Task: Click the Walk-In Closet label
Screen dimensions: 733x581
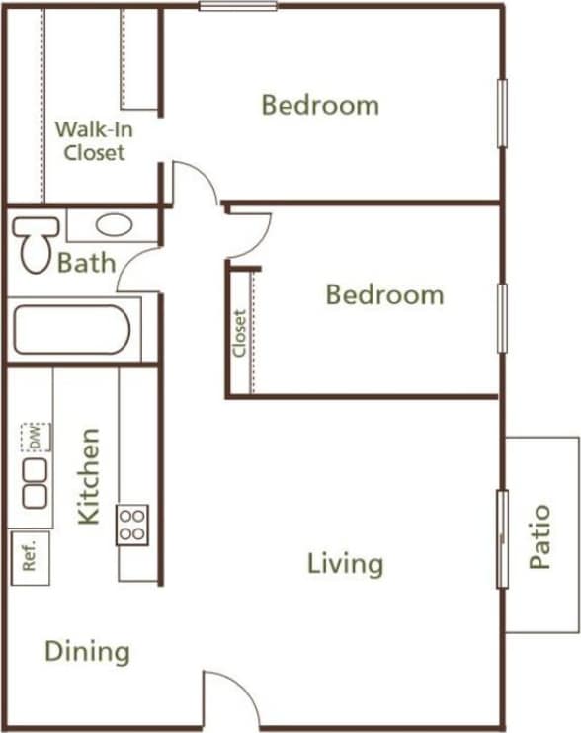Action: [x=90, y=140]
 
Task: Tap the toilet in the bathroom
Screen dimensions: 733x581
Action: [x=35, y=242]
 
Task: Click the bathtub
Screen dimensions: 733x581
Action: [x=71, y=330]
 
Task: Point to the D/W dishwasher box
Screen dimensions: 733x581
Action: [x=34, y=436]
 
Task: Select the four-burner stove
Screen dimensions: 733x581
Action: [x=132, y=525]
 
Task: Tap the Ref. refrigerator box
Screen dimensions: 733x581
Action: [x=29, y=558]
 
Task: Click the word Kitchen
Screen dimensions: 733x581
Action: [x=89, y=475]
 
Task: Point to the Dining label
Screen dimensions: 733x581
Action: [x=87, y=652]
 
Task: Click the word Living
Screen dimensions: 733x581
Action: [x=345, y=564]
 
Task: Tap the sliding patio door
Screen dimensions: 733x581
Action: [x=502, y=538]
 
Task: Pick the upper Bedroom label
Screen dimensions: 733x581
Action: [x=320, y=105]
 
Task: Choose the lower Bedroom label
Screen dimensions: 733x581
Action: [x=384, y=294]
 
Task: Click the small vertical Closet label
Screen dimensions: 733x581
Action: [x=240, y=333]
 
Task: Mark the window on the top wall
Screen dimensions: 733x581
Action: [x=237, y=6]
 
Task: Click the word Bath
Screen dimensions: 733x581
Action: [x=86, y=264]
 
